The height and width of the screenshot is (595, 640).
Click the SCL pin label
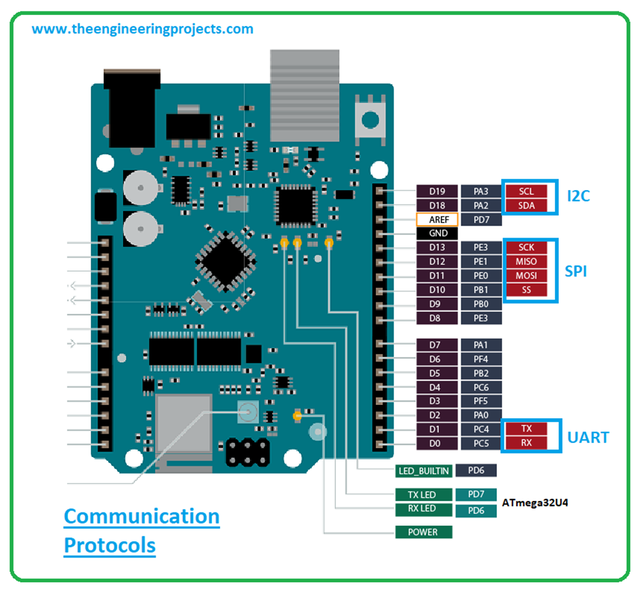[x=527, y=191]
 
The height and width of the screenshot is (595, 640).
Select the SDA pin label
[x=527, y=205]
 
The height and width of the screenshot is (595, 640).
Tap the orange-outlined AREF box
[x=437, y=219]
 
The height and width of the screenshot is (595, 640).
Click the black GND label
[x=437, y=233]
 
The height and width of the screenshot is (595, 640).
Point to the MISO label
[x=527, y=261]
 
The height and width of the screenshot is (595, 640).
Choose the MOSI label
[x=527, y=276]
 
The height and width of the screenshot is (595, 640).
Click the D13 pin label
[x=437, y=247]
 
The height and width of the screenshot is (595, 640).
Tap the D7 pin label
[x=437, y=345]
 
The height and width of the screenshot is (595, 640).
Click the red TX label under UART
[x=527, y=429]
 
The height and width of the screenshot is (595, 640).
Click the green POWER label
[x=422, y=532]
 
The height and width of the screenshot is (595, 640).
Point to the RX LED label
[x=422, y=509]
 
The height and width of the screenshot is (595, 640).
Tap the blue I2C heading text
[x=578, y=196]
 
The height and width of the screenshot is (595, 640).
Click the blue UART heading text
[x=587, y=437]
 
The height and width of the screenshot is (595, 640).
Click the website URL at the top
[x=142, y=29]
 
